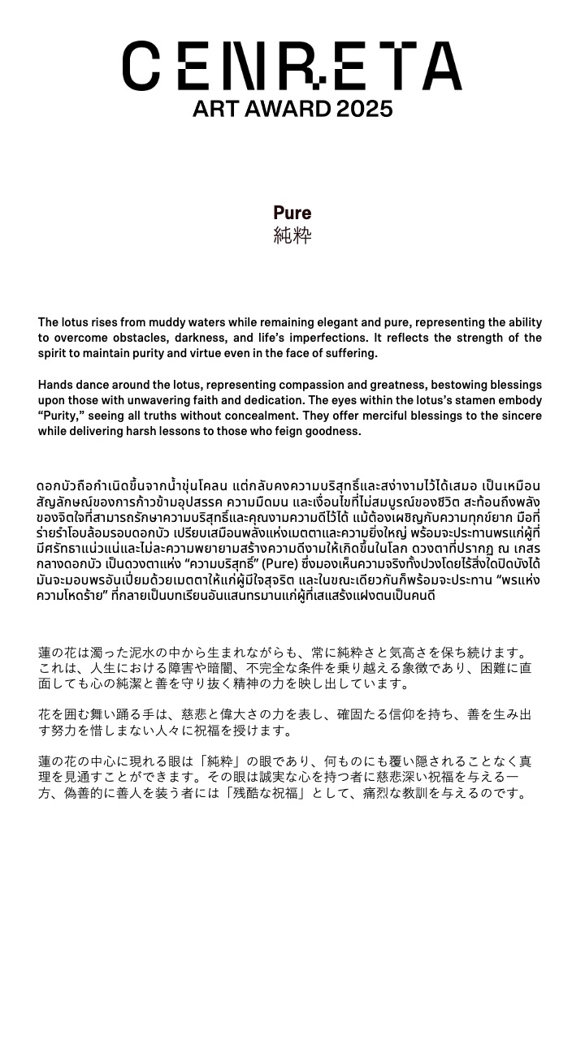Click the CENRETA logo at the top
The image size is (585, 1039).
[x=292, y=66]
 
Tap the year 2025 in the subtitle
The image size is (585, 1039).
[x=364, y=109]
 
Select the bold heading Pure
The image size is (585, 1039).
[x=292, y=213]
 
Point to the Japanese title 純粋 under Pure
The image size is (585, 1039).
[x=292, y=236]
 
